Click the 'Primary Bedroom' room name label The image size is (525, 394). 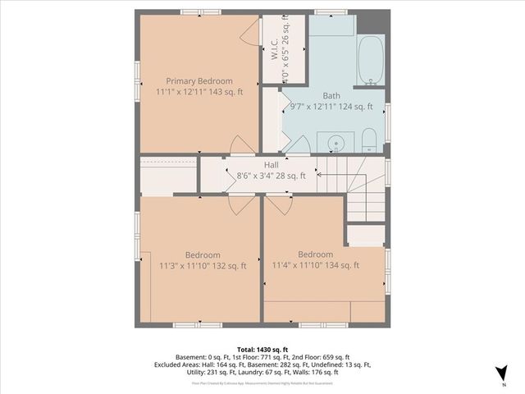pyautogui.click(x=199, y=81)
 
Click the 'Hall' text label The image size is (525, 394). pyautogui.click(x=271, y=164)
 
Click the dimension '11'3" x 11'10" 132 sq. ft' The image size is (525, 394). pyautogui.click(x=201, y=265)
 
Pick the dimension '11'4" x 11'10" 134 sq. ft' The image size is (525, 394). pyautogui.click(x=315, y=265)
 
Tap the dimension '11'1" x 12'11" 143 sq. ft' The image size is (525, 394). pyautogui.click(x=199, y=92)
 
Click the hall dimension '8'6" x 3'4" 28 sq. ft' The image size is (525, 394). pyautogui.click(x=271, y=175)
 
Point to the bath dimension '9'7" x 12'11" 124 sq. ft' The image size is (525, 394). pyautogui.click(x=331, y=106)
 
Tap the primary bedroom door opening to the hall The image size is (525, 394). pyautogui.click(x=242, y=147)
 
